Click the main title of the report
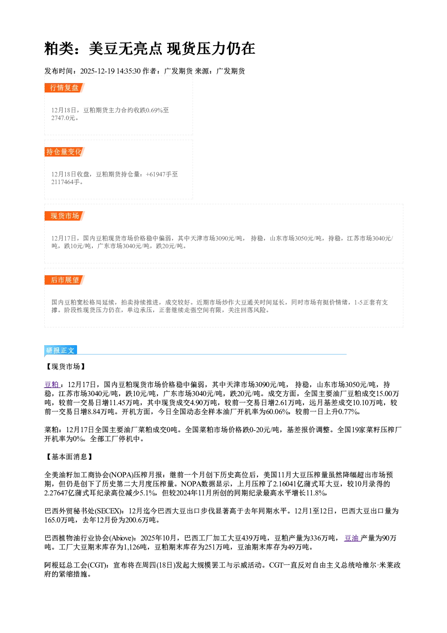pyautogui.click(x=150, y=49)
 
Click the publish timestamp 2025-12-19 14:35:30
pyautogui.click(x=110, y=71)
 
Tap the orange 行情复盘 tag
pyautogui.click(x=64, y=88)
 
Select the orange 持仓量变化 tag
pyautogui.click(x=64, y=152)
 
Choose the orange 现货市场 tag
pyautogui.click(x=64, y=216)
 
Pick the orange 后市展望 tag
pyautogui.click(x=64, y=280)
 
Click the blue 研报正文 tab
pyautogui.click(x=60, y=351)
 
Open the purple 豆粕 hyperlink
pyautogui.click(x=52, y=384)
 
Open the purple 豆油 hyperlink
pyautogui.click(x=352, y=538)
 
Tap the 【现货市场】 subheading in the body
pyautogui.click(x=65, y=366)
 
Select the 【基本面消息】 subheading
pyautogui.click(x=69, y=457)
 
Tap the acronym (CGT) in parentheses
pyautogui.click(x=97, y=565)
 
